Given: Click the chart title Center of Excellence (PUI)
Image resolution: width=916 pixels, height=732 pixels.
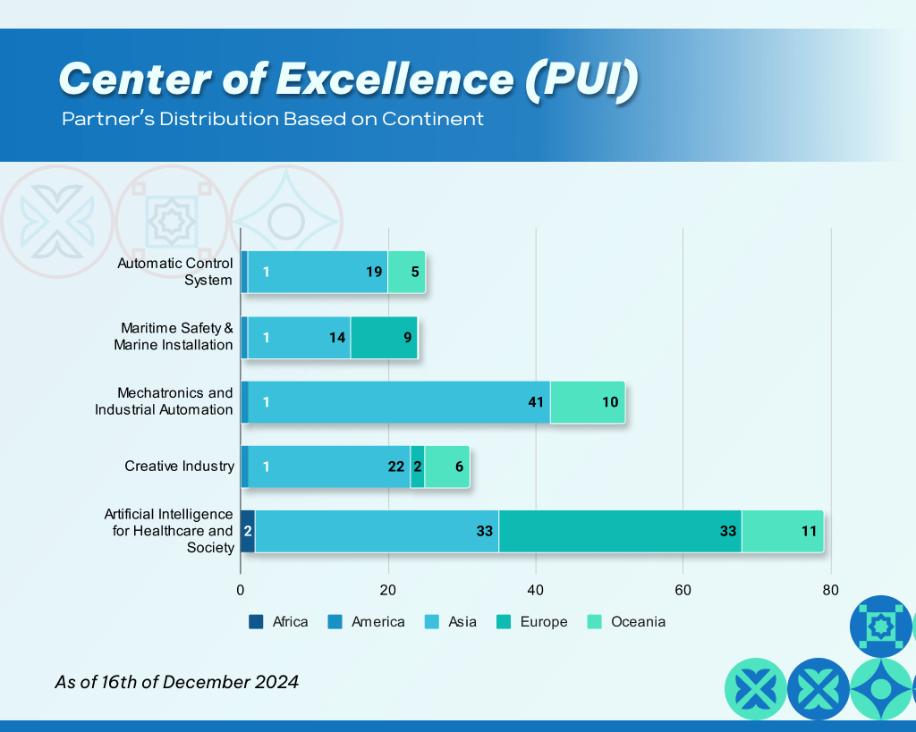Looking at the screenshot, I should point(348,80).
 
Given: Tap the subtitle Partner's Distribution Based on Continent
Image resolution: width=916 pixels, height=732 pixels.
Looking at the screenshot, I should point(273,119).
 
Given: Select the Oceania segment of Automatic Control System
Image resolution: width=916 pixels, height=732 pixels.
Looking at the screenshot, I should point(406,272).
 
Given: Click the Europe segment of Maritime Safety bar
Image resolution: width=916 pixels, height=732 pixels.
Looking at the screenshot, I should point(384,337).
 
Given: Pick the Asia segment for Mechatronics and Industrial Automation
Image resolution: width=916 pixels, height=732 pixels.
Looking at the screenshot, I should point(399,402).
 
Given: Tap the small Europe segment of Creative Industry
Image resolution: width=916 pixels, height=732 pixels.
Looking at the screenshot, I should point(418,467).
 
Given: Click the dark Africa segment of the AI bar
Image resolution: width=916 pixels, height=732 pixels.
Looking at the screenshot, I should point(248,531).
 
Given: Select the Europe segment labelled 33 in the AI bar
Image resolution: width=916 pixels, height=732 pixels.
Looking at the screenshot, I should point(620,531).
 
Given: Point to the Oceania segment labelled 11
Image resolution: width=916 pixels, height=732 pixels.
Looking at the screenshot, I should point(782,531).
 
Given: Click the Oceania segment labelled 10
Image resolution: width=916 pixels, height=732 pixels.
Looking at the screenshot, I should point(587,402).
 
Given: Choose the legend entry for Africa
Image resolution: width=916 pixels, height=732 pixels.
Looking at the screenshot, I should point(278,622).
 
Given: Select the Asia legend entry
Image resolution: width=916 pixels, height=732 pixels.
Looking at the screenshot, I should point(451,622).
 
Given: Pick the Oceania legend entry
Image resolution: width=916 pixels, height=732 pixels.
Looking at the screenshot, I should point(626,622).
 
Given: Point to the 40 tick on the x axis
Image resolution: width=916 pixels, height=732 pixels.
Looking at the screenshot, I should point(536,591).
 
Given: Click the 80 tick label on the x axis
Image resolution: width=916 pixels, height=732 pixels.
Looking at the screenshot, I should point(831,591).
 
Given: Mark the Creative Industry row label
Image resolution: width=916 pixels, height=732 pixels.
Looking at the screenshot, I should point(179,467).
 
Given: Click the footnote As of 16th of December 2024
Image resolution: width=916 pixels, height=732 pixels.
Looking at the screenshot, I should point(177,682).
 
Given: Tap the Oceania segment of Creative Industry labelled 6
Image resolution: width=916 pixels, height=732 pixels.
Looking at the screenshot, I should point(446,467).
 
